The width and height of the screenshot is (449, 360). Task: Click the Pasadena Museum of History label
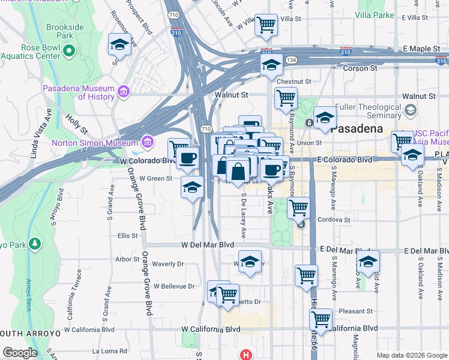[78, 92]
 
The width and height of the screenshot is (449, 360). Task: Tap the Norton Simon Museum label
[94, 143]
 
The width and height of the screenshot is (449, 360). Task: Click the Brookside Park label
[65, 31]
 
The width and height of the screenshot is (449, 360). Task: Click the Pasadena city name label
[357, 128]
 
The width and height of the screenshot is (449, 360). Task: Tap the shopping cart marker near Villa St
[265, 25]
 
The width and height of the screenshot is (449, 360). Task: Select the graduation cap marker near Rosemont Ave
[119, 44]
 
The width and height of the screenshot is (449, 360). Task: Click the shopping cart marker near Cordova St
[298, 208]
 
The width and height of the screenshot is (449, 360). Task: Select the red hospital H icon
[244, 355]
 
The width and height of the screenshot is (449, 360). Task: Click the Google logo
[20, 353]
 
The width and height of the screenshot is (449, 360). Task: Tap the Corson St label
[360, 68]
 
